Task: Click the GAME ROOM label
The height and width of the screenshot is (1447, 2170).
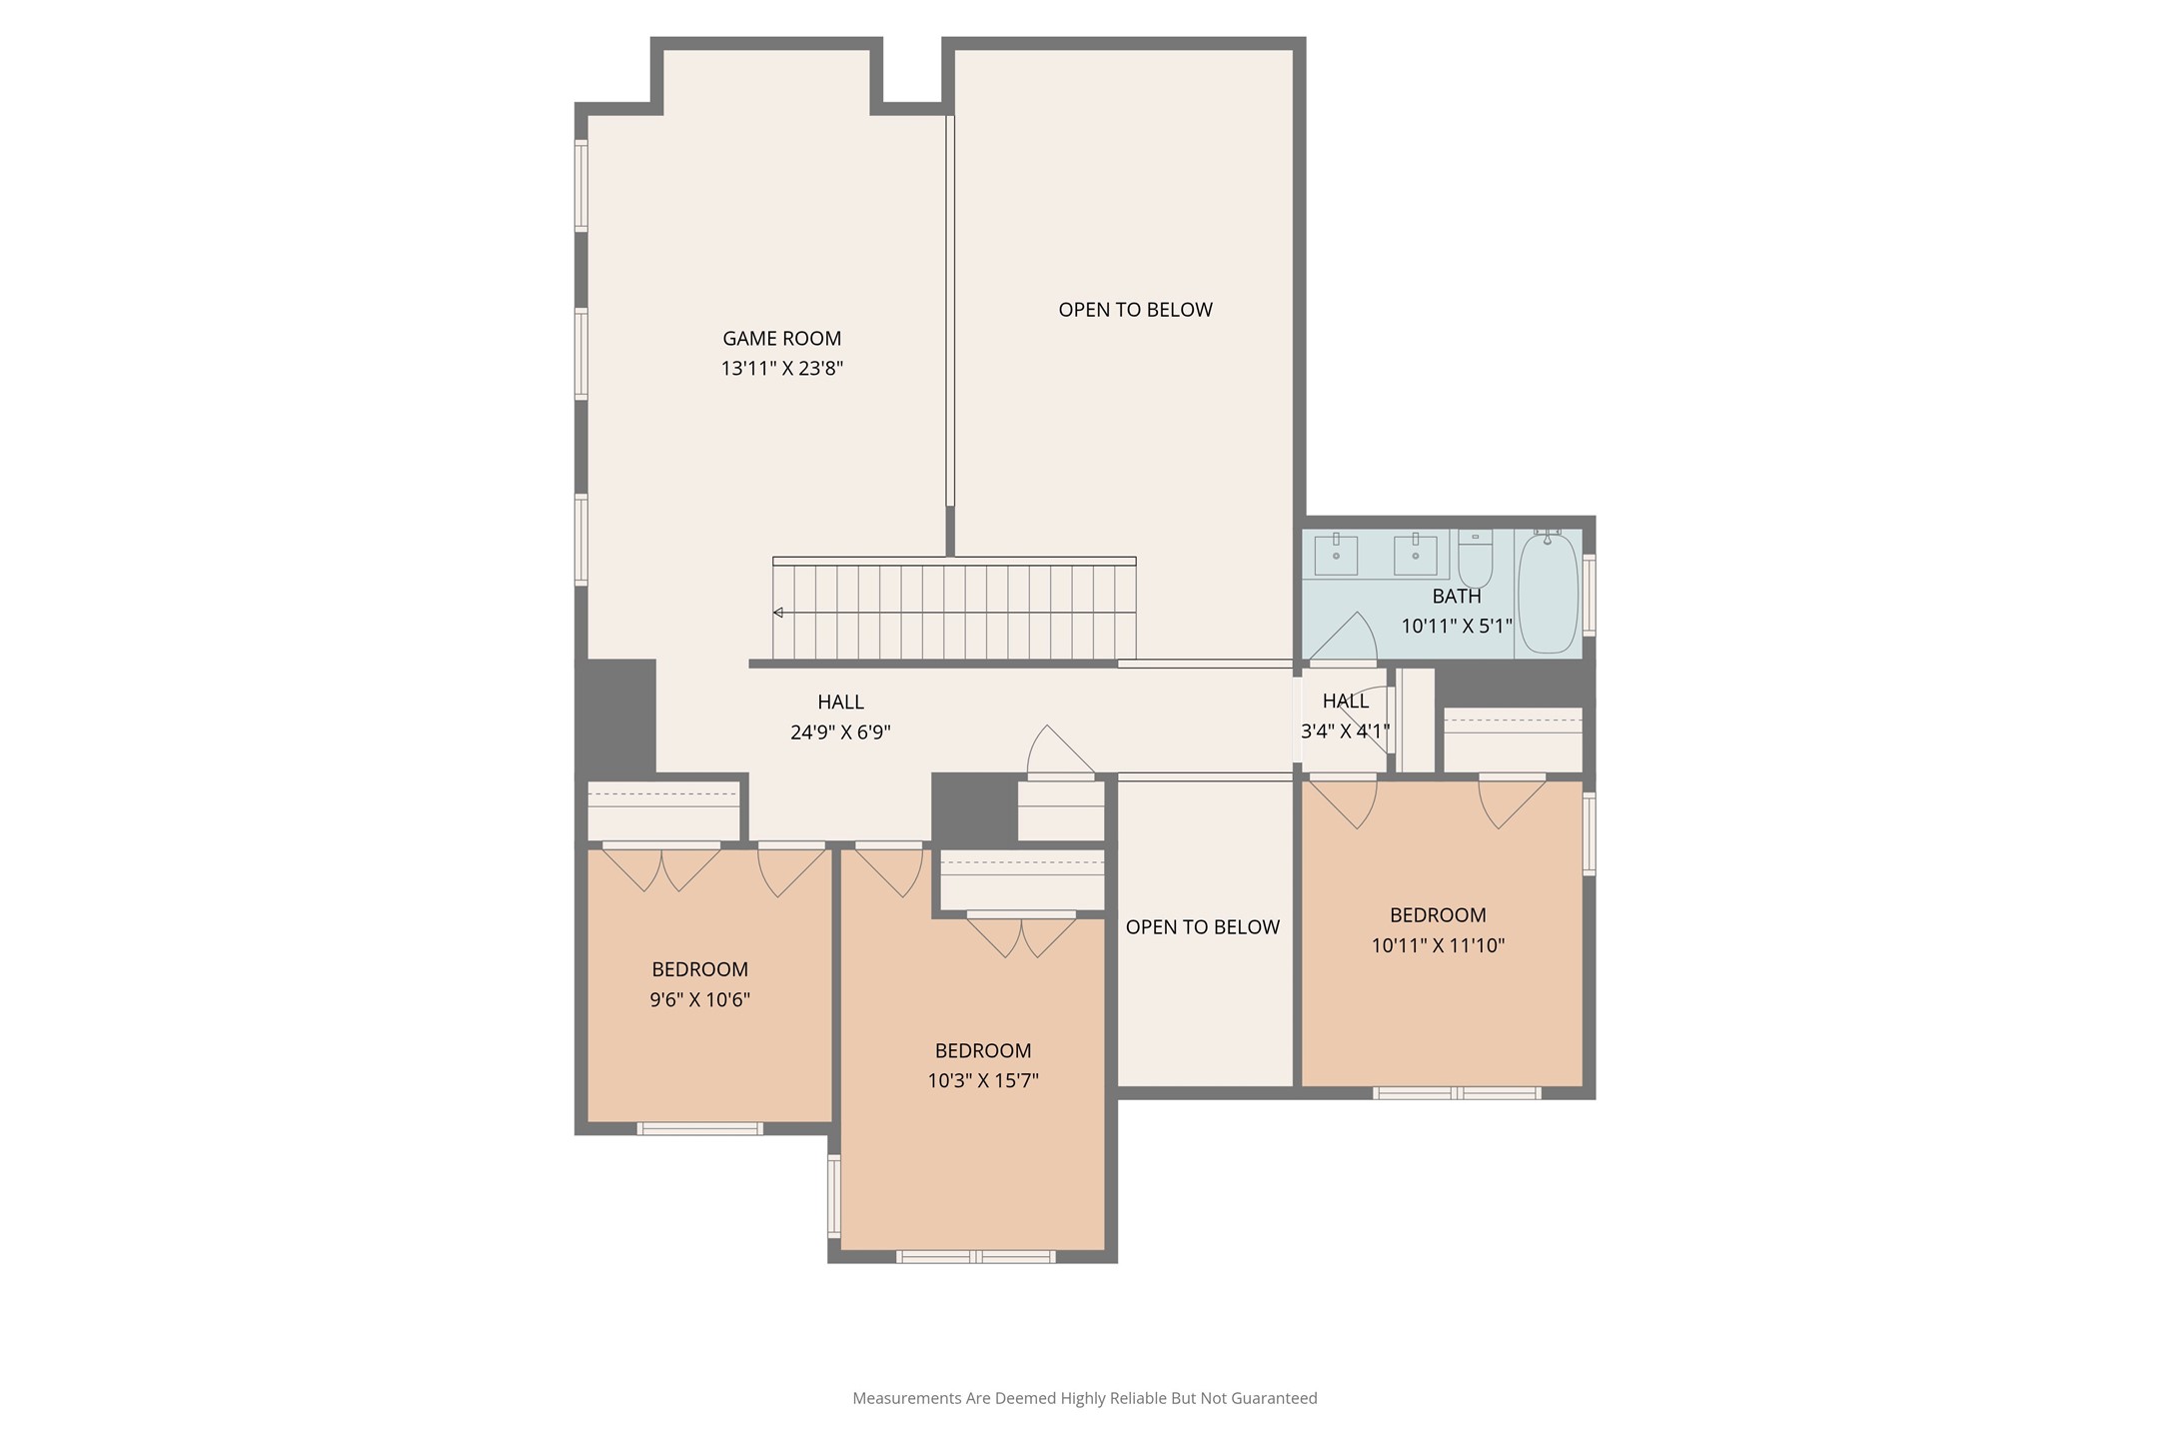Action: pos(781,339)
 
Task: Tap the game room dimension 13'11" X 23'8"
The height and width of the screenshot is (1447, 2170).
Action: pos(781,369)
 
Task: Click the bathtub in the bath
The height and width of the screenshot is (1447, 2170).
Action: pos(1548,593)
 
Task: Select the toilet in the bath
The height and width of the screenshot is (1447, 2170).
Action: pos(1475,559)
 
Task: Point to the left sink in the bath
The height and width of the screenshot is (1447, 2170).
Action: pos(1336,555)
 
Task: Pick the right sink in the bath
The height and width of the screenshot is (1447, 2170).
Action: pos(1415,555)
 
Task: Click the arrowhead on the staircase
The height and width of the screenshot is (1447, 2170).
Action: pos(777,613)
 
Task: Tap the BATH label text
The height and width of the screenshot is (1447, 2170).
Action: pos(1457,597)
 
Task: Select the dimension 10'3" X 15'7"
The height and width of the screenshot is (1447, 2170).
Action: pos(983,1080)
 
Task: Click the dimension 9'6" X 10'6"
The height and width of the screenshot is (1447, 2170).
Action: pos(699,999)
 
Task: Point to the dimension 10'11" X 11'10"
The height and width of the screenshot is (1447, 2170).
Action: pos(1438,945)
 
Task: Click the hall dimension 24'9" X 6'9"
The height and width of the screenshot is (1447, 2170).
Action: pos(840,732)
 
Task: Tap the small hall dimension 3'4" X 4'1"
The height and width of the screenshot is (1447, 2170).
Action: pos(1345,731)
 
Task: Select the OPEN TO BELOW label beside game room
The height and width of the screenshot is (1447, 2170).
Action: pos(1135,310)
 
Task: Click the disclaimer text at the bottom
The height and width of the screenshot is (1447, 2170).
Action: pos(1085,1398)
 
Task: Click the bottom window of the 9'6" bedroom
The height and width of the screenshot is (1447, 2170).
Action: pos(699,1129)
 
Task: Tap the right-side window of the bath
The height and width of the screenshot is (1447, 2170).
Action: pos(1589,595)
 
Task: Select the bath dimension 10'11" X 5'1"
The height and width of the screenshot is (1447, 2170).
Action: pos(1457,627)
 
